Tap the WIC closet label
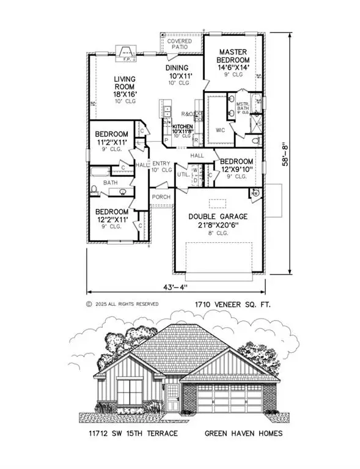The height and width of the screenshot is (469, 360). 221,130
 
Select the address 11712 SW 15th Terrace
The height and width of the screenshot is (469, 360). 132,434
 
